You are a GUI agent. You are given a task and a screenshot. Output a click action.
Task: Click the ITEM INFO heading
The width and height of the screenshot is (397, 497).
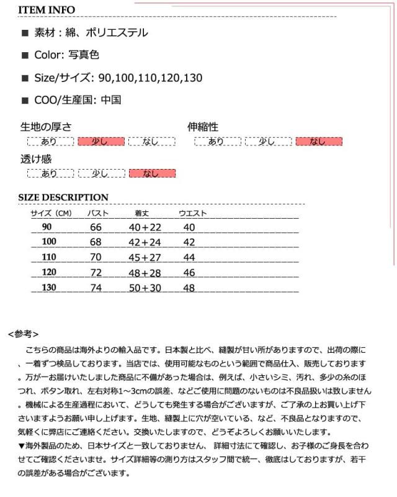[x=47, y=10]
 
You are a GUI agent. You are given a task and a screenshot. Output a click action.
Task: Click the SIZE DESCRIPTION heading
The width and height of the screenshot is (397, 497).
[x=63, y=198]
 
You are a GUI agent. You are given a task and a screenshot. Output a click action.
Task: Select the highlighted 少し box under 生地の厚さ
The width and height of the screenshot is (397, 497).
[x=100, y=142]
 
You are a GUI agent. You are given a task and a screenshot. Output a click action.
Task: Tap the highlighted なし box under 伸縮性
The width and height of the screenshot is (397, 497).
[x=319, y=142]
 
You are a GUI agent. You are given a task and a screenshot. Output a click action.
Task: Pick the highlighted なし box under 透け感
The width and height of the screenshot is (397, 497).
[x=151, y=173]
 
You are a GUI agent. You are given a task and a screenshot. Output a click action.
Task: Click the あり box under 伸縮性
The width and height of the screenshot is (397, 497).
[x=216, y=142]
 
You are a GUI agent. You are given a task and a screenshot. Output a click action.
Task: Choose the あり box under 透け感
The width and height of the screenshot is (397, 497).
[x=49, y=173]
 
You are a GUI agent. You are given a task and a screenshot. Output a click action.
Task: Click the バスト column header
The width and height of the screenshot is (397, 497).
[x=97, y=214]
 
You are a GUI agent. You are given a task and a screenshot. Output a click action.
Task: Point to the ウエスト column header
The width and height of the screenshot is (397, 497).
[x=193, y=214]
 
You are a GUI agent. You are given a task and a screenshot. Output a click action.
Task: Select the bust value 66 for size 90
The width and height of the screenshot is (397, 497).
[x=96, y=227]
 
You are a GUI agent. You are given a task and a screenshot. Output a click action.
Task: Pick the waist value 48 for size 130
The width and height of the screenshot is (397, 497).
[x=189, y=288]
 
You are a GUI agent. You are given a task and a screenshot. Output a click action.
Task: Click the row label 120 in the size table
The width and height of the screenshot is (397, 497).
[x=49, y=272]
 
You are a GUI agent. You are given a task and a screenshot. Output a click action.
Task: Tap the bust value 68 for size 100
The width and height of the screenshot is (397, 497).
[x=96, y=242]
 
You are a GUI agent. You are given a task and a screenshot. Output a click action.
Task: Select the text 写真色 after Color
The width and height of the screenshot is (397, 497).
[x=86, y=55]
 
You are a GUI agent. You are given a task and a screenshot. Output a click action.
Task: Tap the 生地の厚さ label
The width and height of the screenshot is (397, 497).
[x=47, y=127]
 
